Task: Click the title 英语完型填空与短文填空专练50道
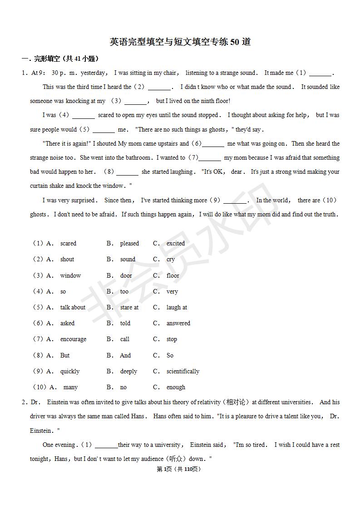(180, 42)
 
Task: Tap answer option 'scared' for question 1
(68, 244)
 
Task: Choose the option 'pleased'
(129, 244)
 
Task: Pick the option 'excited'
(175, 244)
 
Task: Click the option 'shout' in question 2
(67, 259)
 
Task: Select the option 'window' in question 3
(70, 275)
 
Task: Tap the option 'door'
(126, 275)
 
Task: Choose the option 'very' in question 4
(172, 292)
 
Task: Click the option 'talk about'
(73, 308)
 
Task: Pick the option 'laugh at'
(177, 308)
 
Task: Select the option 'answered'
(178, 323)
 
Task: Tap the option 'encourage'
(73, 339)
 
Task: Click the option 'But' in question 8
(65, 356)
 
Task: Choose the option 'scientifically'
(182, 372)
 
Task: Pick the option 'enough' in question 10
(176, 387)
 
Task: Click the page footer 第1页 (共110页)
(178, 469)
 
